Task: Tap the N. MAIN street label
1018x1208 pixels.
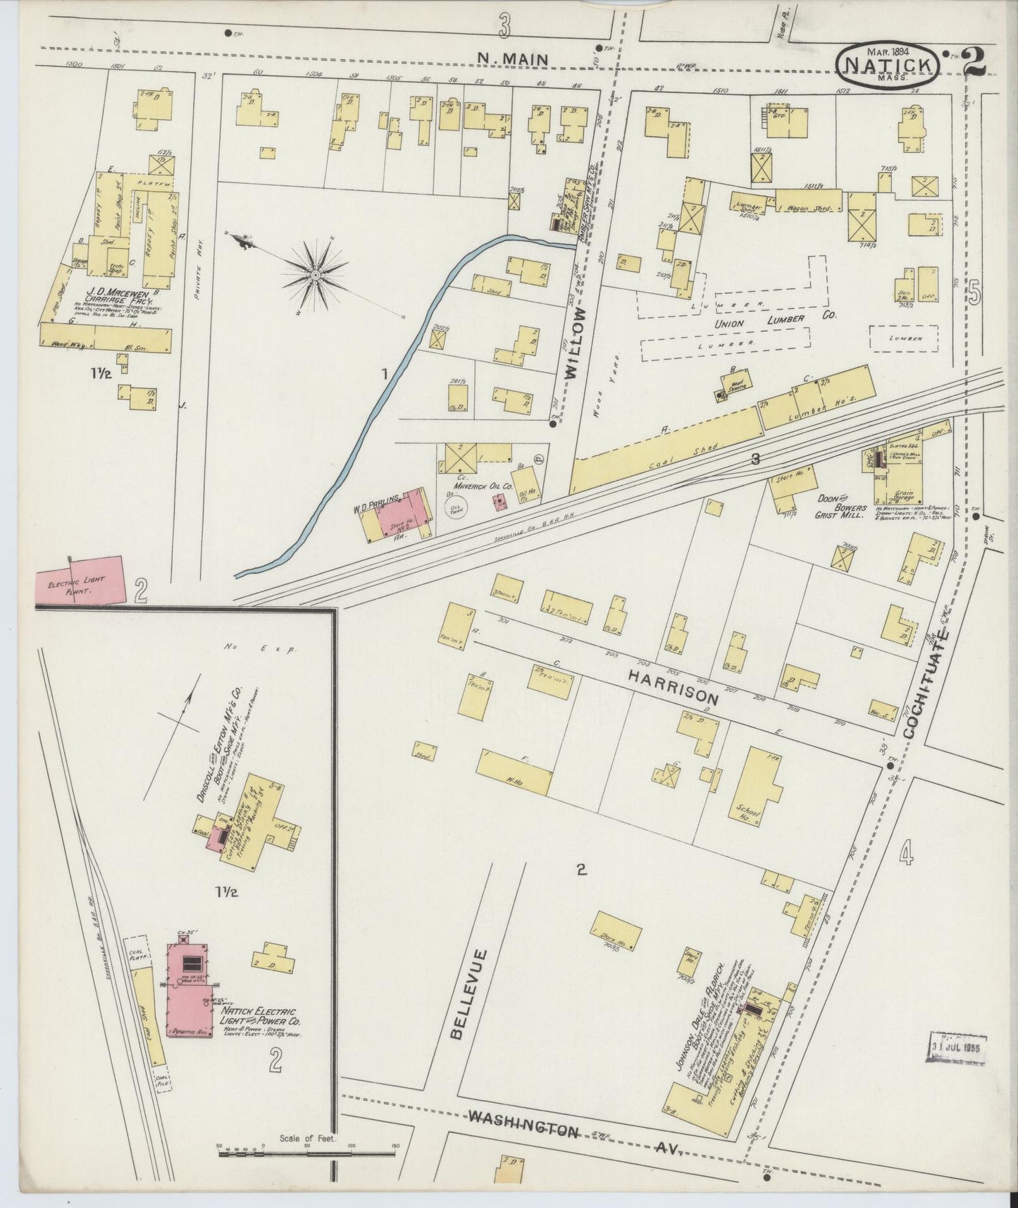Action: pyautogui.click(x=512, y=61)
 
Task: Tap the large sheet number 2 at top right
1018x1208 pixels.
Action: pyautogui.click(x=974, y=61)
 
